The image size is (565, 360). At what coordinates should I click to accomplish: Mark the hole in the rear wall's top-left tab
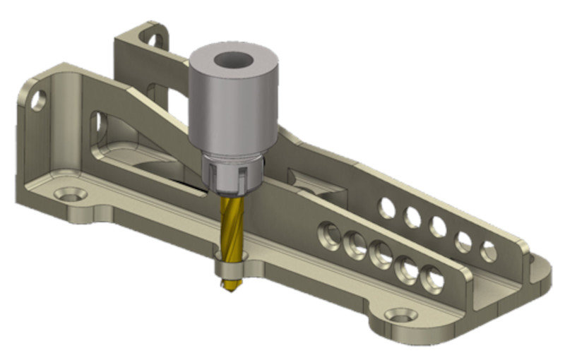(150, 35)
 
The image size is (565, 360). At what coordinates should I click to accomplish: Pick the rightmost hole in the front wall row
(432, 280)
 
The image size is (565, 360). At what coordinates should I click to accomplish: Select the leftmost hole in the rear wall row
(386, 207)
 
